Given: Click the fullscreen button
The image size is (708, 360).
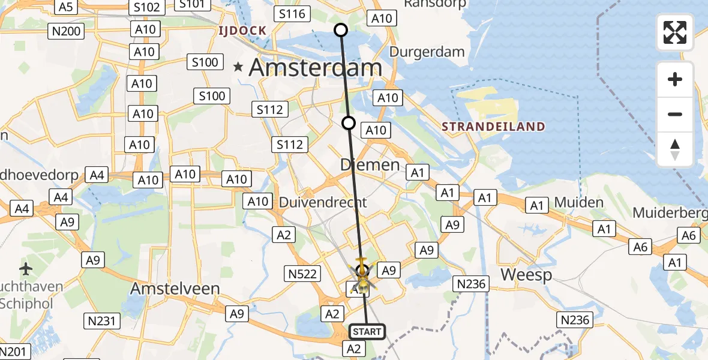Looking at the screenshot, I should (x=675, y=32).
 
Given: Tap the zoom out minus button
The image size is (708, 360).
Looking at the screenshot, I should (x=675, y=114).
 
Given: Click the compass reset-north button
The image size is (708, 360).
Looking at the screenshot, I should (x=675, y=149).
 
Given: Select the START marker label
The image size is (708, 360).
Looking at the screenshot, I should (x=367, y=332).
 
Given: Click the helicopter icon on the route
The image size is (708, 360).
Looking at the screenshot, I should (x=362, y=277).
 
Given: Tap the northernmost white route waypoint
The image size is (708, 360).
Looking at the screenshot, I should (x=341, y=29).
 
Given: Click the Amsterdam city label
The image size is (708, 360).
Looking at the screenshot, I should (x=315, y=67).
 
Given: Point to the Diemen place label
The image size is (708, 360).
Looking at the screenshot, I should (x=370, y=164).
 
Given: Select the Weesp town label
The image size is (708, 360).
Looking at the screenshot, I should (x=526, y=275).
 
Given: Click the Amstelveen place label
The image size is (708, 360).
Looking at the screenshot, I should (x=175, y=289).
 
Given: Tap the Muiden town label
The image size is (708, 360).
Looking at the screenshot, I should (x=578, y=202).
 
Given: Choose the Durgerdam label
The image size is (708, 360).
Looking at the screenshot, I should (x=427, y=52).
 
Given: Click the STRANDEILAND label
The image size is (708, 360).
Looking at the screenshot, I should (x=493, y=127).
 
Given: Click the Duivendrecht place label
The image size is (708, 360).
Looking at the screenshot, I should (x=323, y=203).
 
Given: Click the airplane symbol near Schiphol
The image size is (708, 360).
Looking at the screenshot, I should (x=26, y=268).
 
